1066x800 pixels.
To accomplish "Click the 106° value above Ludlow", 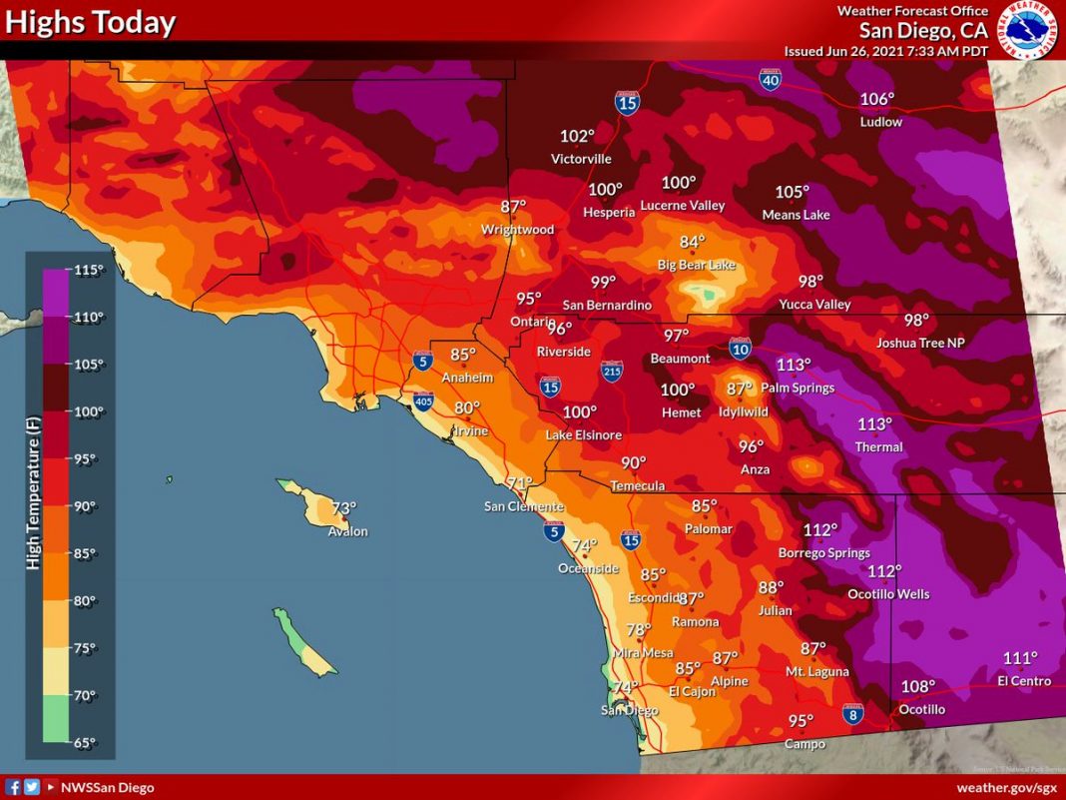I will point(877,99).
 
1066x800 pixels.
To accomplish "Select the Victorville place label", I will point(581,159).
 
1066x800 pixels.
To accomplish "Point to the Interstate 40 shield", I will point(770,78).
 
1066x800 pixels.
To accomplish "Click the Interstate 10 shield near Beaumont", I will point(740,348).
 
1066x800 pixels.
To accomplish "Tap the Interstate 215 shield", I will point(613,372).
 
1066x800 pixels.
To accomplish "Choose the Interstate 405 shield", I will point(423,401).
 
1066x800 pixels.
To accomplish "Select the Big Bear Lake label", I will point(696,265).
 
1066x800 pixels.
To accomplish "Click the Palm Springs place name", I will point(797,388).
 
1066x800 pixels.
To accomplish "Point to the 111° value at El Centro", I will point(1020,658).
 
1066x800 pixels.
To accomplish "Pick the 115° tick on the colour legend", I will point(89,270).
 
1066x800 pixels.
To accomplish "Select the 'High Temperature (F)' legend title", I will point(33,495).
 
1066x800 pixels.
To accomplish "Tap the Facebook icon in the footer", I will point(14,788).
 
